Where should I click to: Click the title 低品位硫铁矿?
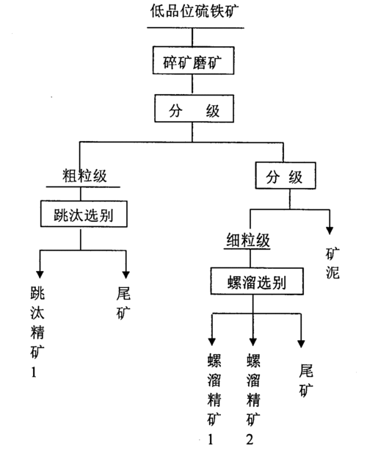pyautogui.click(x=194, y=11)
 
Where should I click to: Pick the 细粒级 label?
pyautogui.click(x=247, y=240)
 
